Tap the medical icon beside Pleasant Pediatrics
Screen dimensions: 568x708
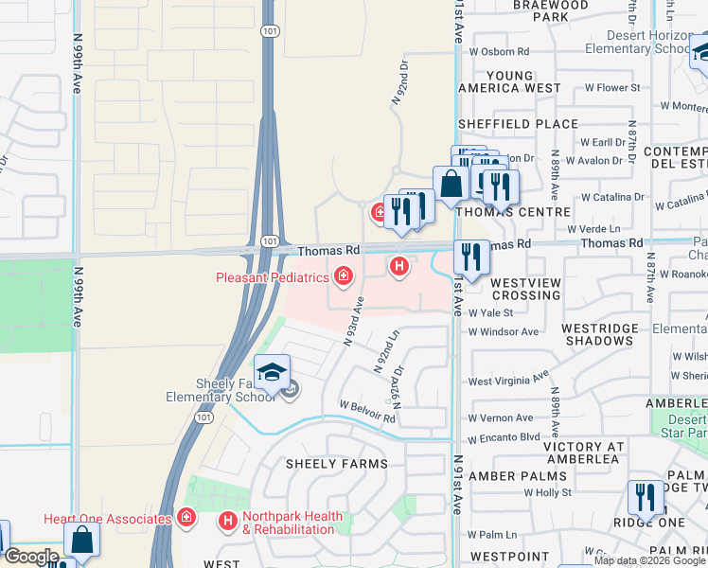[343, 277]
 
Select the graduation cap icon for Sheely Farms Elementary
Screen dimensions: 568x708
[272, 372]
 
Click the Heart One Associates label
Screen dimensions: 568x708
[107, 519]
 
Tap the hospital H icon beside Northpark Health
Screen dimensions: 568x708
[227, 521]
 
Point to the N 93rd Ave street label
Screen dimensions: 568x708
[354, 322]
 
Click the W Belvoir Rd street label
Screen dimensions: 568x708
[367, 411]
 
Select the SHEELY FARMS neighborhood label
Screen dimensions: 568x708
[338, 464]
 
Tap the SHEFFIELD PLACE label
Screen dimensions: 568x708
[518, 124]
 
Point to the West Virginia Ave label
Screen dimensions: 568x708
[508, 379]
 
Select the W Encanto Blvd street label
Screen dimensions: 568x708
[504, 436]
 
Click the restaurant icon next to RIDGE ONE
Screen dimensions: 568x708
[646, 497]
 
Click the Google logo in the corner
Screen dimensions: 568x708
[31, 557]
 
